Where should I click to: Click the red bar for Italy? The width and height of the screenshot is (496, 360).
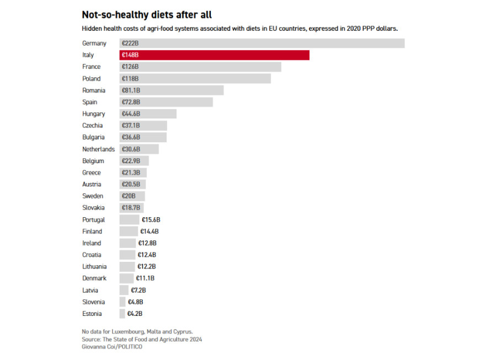click(214, 55)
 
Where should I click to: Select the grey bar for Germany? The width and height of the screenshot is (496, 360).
click(262, 43)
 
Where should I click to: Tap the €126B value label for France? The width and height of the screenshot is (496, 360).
click(130, 67)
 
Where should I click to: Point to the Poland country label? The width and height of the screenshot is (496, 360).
click(92, 79)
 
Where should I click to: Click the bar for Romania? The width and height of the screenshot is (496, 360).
click(172, 90)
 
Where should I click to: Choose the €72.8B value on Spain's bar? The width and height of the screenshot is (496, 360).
click(131, 102)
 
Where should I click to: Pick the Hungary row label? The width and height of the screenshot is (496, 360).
click(93, 114)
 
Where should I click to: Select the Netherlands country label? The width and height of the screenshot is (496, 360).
click(98, 149)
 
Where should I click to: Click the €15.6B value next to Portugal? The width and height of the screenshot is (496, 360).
click(151, 220)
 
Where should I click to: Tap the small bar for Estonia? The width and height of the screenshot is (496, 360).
click(122, 314)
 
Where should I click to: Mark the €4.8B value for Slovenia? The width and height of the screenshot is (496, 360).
click(136, 302)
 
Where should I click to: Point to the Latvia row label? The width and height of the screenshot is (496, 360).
click(90, 290)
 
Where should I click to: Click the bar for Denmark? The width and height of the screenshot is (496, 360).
click(126, 278)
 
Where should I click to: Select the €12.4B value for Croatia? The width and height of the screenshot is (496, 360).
click(147, 255)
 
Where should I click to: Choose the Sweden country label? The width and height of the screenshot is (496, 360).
click(92, 196)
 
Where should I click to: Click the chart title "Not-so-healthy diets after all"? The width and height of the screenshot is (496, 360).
click(147, 15)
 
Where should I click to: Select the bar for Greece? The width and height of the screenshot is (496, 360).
click(132, 173)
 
